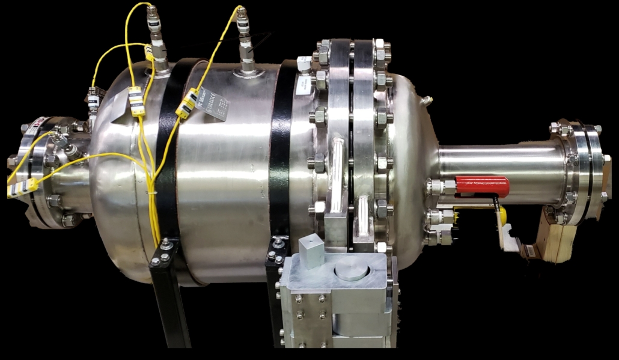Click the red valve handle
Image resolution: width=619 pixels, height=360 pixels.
(482, 186)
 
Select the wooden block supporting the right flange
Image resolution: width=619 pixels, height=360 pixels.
(556, 241)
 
